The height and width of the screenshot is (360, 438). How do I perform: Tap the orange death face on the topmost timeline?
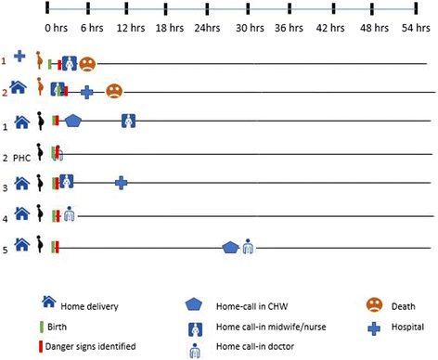[86, 64]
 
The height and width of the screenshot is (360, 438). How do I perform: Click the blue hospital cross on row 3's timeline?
[121, 183]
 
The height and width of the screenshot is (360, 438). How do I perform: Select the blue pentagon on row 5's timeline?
[231, 246]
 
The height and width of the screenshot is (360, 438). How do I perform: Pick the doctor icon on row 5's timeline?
[248, 246]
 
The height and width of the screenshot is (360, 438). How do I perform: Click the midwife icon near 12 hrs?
[129, 120]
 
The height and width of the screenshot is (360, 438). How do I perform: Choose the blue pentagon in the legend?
[193, 303]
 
